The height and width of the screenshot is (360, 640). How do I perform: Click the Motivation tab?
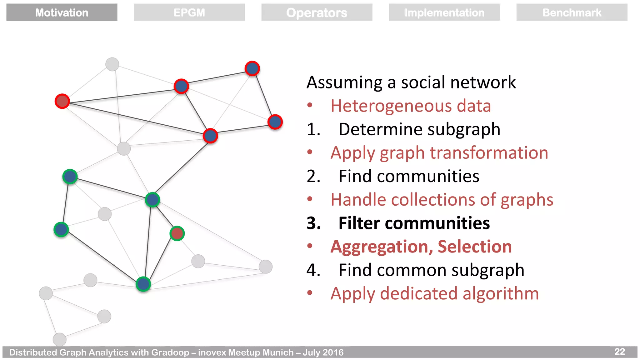pos(62,12)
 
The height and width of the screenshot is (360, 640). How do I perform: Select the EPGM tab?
pos(189,12)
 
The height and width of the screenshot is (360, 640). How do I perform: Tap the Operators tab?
pos(317,12)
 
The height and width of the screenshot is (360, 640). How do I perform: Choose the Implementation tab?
pos(444,12)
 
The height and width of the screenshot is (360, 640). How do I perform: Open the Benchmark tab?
pos(572,12)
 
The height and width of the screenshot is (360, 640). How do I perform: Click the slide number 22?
pos(620,352)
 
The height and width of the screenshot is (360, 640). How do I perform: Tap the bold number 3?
pos(313,223)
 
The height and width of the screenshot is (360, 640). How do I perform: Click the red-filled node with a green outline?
pos(177,233)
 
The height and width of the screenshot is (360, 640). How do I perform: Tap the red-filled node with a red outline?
pos(62,101)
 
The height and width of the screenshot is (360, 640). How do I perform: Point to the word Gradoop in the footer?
pos(170,352)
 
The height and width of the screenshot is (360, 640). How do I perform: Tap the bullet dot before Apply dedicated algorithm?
pos(310,293)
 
